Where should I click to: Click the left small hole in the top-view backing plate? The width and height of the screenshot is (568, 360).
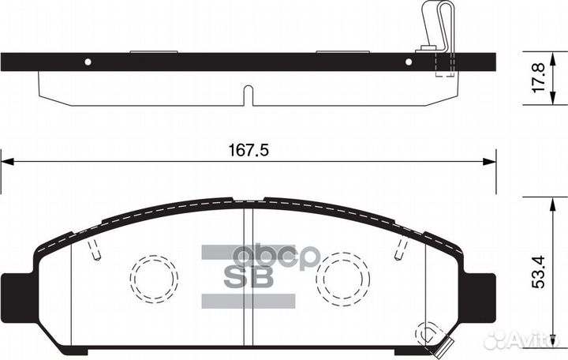pos(88,62)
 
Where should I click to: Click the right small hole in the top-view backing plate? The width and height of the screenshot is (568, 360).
pos(409,62)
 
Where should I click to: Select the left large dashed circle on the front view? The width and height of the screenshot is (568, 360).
pos(155,277)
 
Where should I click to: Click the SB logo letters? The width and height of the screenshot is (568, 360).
pos(249,277)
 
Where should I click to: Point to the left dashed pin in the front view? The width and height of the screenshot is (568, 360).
pos(95,252)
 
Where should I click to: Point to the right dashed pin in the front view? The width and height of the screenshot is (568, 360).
pos(400,252)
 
